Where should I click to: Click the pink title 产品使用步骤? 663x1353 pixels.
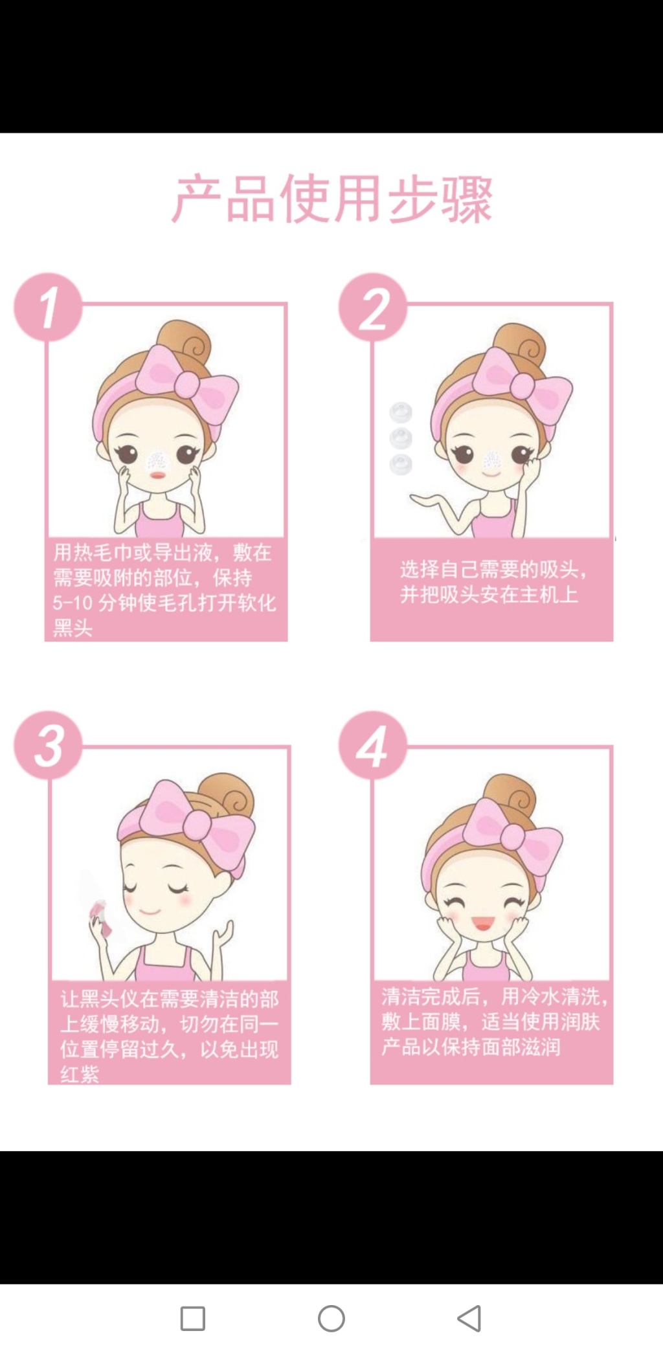[x=331, y=198]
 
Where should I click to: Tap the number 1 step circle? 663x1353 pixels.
[x=48, y=307]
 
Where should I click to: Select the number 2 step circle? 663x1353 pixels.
[x=373, y=307]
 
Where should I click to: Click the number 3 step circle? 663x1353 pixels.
[x=48, y=745]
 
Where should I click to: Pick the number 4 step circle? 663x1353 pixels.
[x=373, y=745]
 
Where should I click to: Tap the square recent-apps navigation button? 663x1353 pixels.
[x=192, y=1318]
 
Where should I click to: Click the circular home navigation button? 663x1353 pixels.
[x=331, y=1318]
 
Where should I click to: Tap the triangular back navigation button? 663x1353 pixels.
[x=469, y=1318]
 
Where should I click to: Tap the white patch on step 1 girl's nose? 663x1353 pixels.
[x=157, y=460]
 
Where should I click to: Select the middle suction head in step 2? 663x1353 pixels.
[x=401, y=438]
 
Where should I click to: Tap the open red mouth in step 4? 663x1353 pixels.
[x=482, y=922]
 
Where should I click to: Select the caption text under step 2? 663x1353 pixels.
[x=494, y=581]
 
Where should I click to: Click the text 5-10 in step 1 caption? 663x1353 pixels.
[x=73, y=603]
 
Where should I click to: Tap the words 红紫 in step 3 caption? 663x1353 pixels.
[x=80, y=1074]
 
